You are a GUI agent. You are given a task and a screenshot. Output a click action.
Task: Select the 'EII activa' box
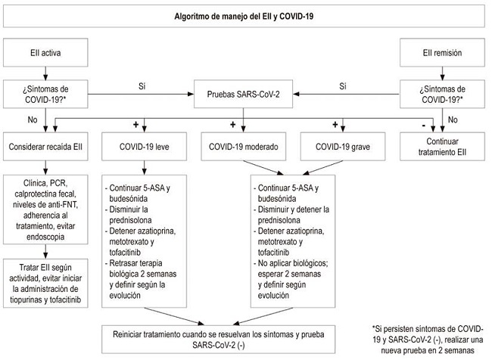click(47, 53)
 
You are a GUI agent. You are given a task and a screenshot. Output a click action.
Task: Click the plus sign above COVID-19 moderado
click(233, 123)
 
